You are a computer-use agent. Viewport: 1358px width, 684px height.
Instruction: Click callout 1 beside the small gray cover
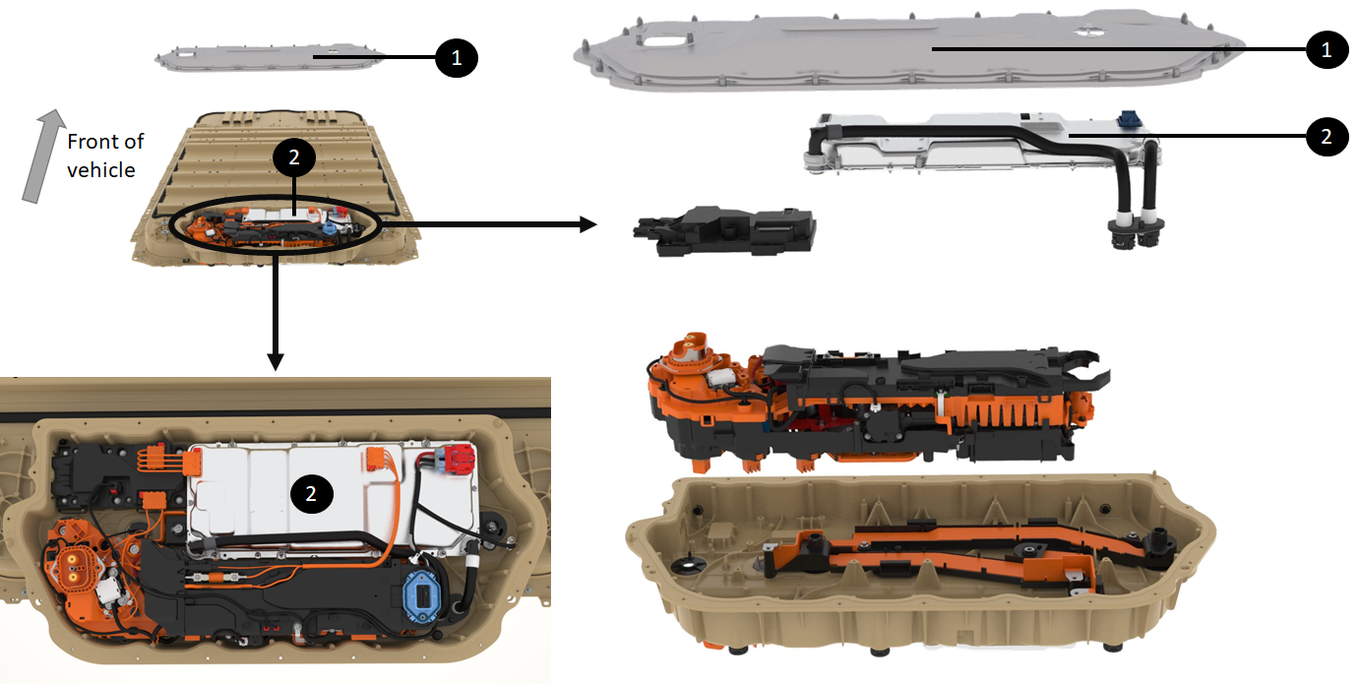pyautogui.click(x=457, y=58)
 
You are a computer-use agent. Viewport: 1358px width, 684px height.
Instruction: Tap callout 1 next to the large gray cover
pyautogui.click(x=1327, y=49)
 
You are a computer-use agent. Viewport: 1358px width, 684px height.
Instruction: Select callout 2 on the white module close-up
pyautogui.click(x=312, y=494)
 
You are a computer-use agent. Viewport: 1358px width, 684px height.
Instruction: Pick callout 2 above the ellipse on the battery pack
pyautogui.click(x=294, y=157)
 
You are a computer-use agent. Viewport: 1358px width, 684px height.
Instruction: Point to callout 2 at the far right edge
pyautogui.click(x=1327, y=136)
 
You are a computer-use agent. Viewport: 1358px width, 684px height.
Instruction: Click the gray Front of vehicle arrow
pyautogui.click(x=43, y=155)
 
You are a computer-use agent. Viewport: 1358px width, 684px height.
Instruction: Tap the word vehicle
pyautogui.click(x=101, y=170)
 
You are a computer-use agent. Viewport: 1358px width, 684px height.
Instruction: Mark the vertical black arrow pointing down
pyautogui.click(x=276, y=312)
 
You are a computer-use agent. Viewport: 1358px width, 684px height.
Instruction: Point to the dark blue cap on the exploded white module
pyautogui.click(x=1129, y=118)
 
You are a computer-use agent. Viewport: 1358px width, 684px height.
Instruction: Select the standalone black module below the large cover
pyautogui.click(x=724, y=230)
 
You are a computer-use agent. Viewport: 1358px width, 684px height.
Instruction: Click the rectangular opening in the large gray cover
pyautogui.click(x=666, y=39)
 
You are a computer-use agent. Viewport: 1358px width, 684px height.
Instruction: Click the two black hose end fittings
pyautogui.click(x=1136, y=233)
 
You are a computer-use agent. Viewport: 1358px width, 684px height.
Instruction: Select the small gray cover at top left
pyautogui.click(x=270, y=58)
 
